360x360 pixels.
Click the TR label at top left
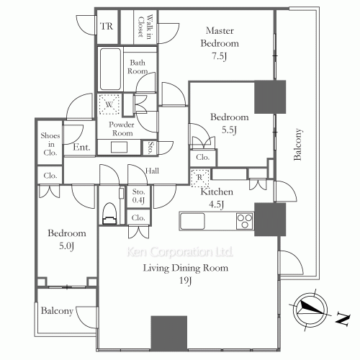107,27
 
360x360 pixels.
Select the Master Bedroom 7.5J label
219,43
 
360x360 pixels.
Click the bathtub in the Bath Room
109,69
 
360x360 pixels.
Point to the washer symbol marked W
109,104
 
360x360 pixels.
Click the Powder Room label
122,128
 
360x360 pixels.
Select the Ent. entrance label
81,148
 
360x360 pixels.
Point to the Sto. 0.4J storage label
139,197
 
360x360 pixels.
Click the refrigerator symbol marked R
199,176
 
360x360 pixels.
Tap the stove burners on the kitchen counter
244,220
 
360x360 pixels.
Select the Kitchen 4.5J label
216,197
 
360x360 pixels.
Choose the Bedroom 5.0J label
67,239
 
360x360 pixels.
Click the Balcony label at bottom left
57,311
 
